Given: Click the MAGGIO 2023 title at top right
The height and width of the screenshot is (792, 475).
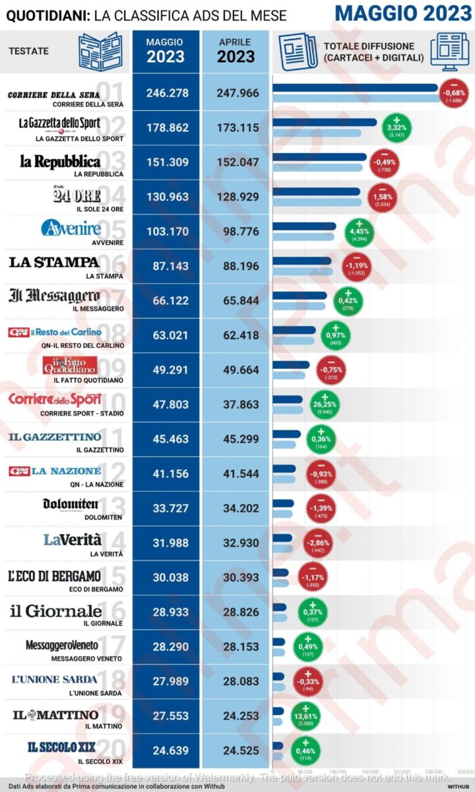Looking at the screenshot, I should point(402,13).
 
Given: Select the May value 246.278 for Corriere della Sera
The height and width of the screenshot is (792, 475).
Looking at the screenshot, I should point(166,94).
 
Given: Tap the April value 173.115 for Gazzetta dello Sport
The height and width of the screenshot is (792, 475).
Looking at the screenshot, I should point(236,128).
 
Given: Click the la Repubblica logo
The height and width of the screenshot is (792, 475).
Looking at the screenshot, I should point(59,161).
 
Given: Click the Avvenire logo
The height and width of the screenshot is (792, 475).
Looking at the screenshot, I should point(71,229).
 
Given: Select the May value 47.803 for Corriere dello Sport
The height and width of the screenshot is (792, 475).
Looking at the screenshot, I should point(166,405).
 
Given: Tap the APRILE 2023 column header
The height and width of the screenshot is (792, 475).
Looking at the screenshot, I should point(236,50).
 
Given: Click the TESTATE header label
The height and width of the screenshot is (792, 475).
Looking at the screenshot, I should point(29,51).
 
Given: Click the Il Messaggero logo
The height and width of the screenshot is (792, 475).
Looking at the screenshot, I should point(54,296).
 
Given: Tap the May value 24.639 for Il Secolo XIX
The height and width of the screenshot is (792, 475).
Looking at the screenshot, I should point(166,750).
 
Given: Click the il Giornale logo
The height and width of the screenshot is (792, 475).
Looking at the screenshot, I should point(55,610).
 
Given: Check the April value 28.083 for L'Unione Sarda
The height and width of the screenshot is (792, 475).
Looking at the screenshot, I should point(236,681).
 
